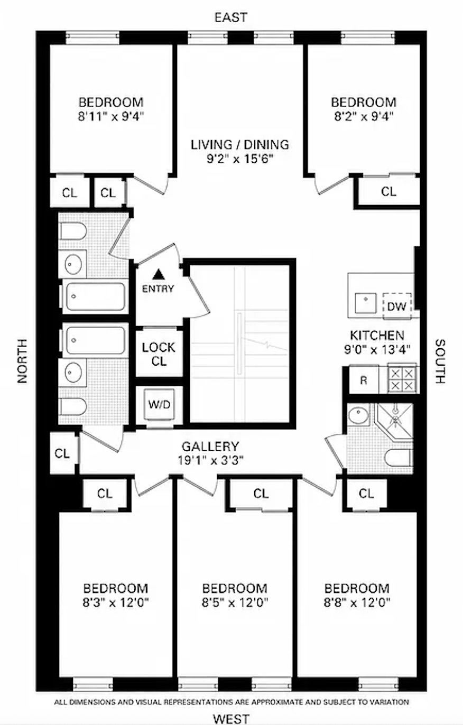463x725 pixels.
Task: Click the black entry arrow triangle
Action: (x=159, y=274)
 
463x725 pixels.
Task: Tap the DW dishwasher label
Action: (x=396, y=306)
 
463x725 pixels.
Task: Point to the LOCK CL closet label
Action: (x=159, y=355)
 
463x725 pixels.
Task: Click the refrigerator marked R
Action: (x=364, y=379)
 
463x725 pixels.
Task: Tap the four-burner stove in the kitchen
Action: (x=402, y=379)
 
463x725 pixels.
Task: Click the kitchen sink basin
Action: (x=366, y=303)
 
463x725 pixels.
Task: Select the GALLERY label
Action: (x=210, y=447)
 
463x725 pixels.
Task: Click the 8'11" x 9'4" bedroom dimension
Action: (x=111, y=116)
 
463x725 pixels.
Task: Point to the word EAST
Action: (x=231, y=17)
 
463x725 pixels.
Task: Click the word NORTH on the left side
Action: (x=22, y=361)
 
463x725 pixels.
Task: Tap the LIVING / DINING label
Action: (x=239, y=144)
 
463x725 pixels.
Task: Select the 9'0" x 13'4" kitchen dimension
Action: (x=377, y=350)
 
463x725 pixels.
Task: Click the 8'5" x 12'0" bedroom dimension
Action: (x=235, y=602)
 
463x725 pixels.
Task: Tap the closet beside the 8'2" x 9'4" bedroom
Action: (x=389, y=192)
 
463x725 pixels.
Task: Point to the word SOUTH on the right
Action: (x=440, y=361)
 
